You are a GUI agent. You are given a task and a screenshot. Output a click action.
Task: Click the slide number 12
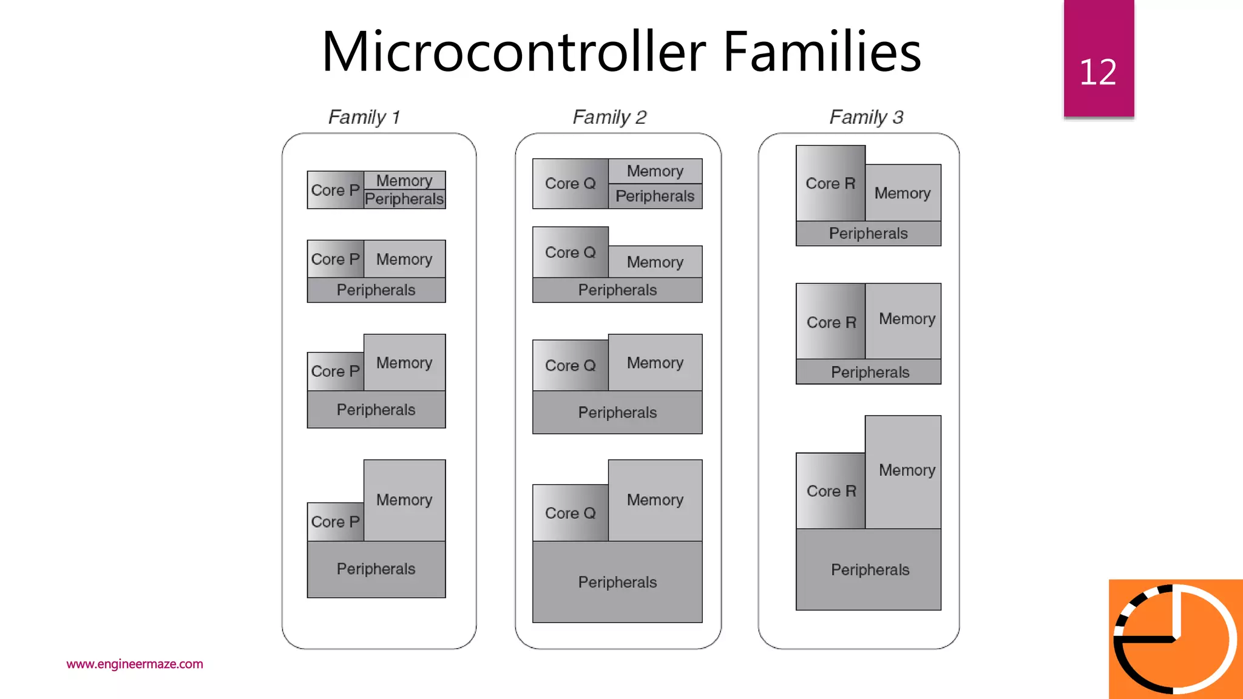[1097, 72]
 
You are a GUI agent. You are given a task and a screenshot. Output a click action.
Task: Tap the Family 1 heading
[364, 116]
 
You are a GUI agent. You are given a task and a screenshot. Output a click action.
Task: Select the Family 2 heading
[609, 116]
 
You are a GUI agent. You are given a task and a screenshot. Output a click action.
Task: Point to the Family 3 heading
[866, 116]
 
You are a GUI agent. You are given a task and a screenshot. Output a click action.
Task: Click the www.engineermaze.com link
[135, 664]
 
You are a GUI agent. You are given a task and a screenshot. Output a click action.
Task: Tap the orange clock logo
[1175, 639]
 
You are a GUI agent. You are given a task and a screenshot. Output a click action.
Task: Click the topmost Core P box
[335, 190]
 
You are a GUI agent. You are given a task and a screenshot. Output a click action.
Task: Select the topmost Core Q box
[570, 183]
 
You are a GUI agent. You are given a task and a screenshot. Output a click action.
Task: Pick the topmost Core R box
[830, 183]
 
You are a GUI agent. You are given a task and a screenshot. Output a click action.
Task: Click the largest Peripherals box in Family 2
[617, 582]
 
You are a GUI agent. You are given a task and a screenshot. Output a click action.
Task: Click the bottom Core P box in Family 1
[335, 522]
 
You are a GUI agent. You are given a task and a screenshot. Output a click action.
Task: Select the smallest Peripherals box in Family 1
[404, 199]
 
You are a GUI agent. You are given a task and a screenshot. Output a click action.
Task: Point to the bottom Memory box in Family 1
[404, 500]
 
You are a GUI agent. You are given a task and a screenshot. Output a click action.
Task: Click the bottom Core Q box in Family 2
[570, 513]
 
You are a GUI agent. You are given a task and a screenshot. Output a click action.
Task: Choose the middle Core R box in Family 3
[830, 322]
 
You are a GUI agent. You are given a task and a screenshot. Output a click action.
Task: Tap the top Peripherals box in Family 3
[868, 234]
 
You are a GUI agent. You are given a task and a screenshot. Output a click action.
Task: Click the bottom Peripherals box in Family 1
[376, 569]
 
